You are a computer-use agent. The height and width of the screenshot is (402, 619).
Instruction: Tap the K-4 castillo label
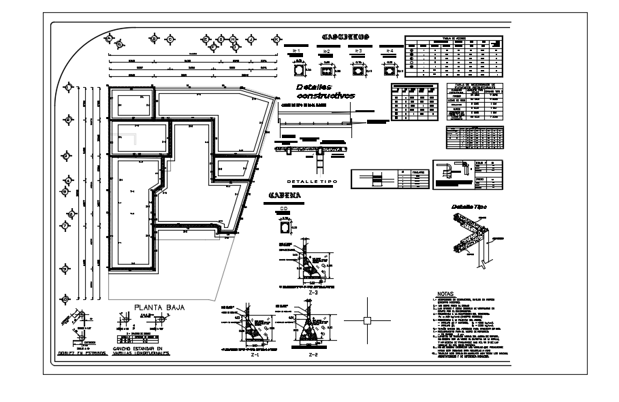(390, 52)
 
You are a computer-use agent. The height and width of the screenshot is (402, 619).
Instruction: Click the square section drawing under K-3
(358, 69)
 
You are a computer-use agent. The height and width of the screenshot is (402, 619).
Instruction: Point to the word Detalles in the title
(313, 88)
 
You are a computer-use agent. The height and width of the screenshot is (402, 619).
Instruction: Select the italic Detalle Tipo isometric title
(470, 206)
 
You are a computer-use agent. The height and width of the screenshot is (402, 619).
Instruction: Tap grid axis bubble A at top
(108, 39)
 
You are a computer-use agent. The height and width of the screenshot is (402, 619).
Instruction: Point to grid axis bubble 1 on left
(68, 87)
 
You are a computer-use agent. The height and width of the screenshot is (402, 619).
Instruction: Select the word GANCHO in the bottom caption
(124, 349)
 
